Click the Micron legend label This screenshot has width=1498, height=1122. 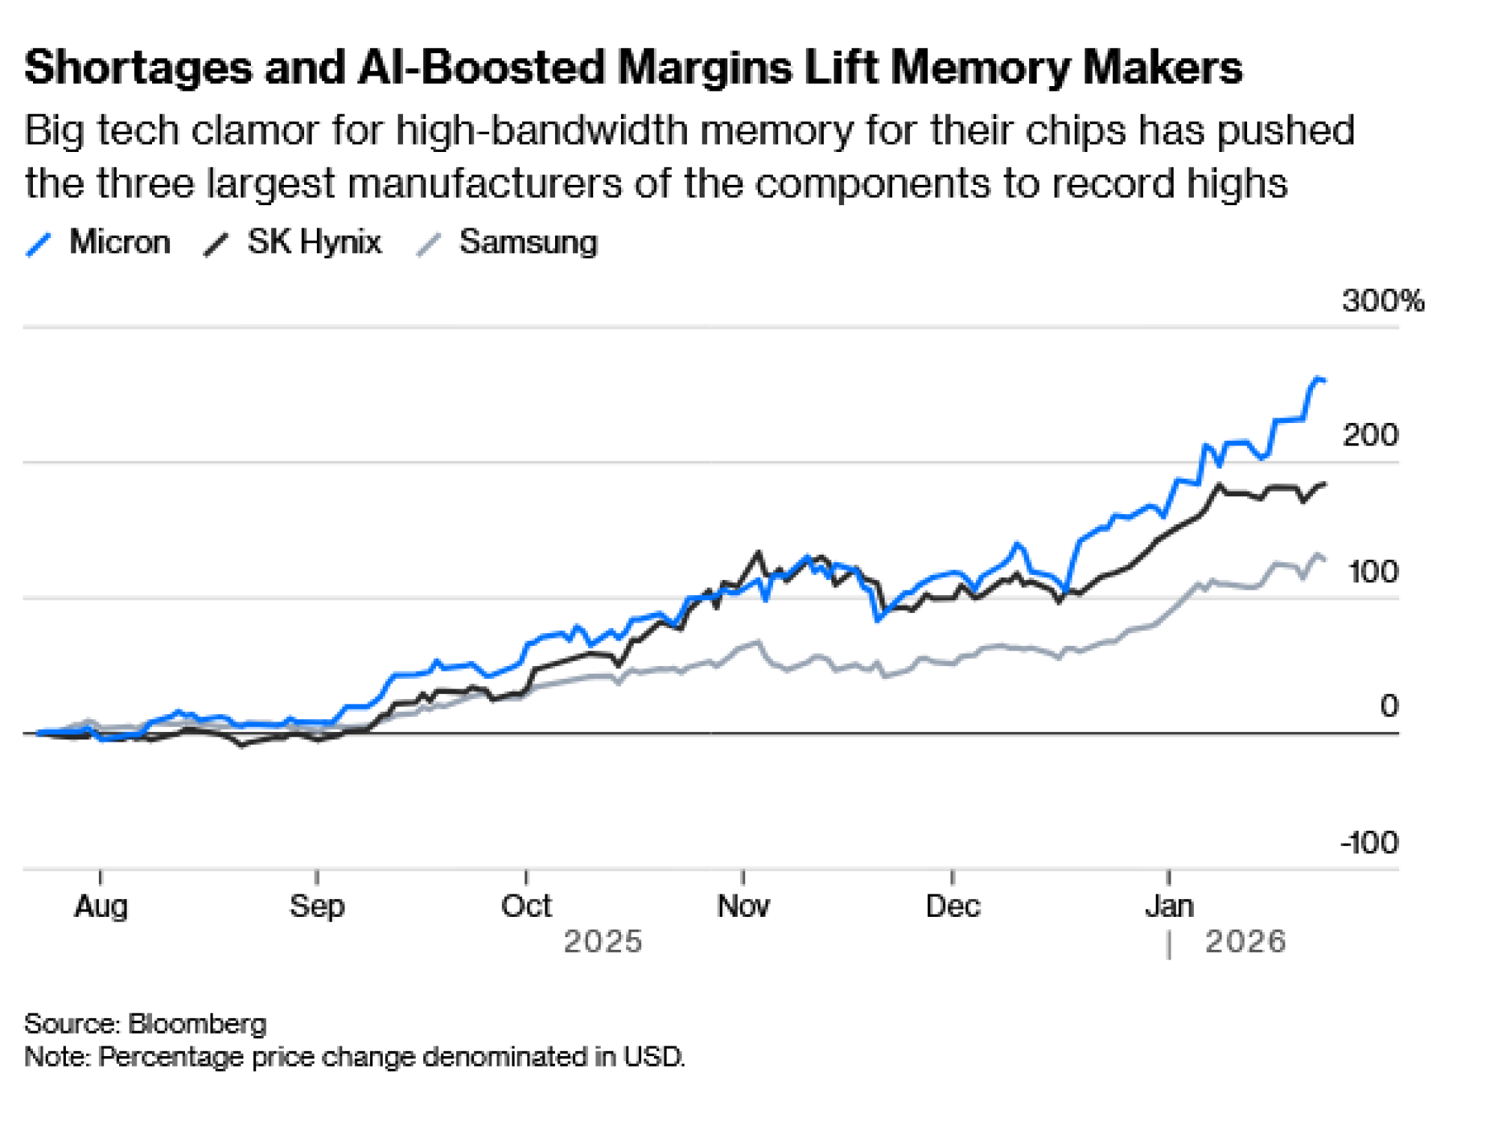[x=120, y=243]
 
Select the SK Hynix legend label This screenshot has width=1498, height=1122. [x=314, y=243]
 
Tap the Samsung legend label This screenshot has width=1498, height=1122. [x=528, y=243]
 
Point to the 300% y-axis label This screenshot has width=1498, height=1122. [x=1383, y=301]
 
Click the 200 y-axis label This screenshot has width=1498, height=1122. [x=1370, y=436]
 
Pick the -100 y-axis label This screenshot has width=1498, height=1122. [x=1369, y=843]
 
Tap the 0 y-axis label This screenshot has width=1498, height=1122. [x=1389, y=706]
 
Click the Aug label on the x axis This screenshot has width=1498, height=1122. [x=101, y=906]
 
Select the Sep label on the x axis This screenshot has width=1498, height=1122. [x=317, y=906]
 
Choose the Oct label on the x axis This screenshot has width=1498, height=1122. [x=526, y=906]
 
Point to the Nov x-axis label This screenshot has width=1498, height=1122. [x=743, y=906]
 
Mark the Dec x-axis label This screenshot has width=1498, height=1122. [x=953, y=906]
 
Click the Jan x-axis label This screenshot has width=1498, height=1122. [x=1169, y=906]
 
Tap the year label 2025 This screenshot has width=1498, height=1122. [x=603, y=942]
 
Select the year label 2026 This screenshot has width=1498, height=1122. [x=1246, y=942]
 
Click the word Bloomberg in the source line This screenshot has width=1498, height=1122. [x=197, y=1024]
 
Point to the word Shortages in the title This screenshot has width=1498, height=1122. [x=139, y=67]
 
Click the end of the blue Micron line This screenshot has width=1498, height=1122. [x=1324, y=381]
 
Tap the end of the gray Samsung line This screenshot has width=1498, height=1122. [x=1324, y=559]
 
